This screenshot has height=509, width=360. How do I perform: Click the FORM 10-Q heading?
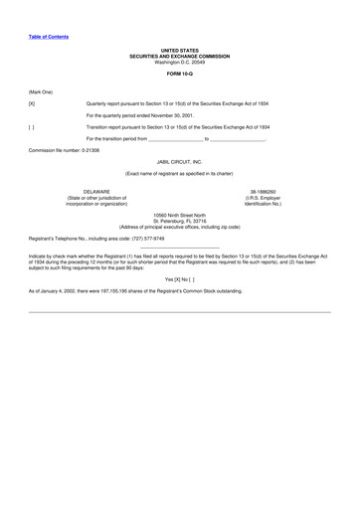pyautogui.click(x=179, y=73)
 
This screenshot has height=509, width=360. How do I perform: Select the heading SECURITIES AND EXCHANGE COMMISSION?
pyautogui.click(x=179, y=55)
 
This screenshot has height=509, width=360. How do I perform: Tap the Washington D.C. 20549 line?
pyautogui.click(x=179, y=62)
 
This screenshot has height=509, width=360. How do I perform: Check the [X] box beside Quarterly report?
pyautogui.click(x=33, y=103)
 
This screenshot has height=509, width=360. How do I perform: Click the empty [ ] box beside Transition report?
pyautogui.click(x=33, y=127)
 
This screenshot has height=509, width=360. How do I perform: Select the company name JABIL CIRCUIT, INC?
pyautogui.click(x=179, y=160)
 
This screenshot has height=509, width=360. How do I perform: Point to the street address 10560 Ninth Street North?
pyautogui.click(x=179, y=215)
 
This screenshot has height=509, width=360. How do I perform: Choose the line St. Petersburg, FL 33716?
pyautogui.click(x=179, y=221)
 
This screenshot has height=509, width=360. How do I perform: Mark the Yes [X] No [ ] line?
pyautogui.click(x=179, y=279)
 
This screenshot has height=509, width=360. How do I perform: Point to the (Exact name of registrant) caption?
pyautogui.click(x=179, y=173)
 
